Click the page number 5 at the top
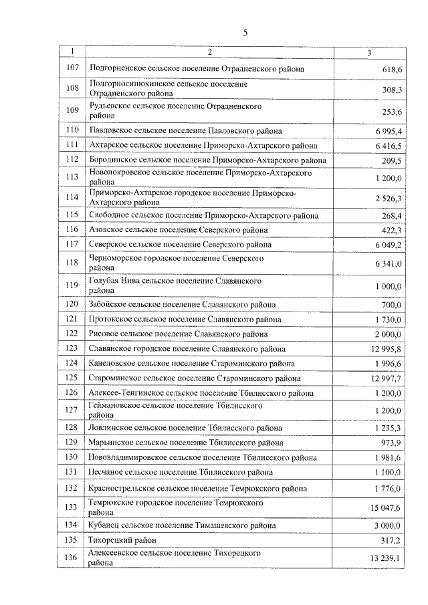click(x=245, y=31)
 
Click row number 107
click(x=73, y=68)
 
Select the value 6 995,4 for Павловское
click(x=385, y=131)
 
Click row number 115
click(x=73, y=215)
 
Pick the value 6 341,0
click(x=385, y=264)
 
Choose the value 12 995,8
click(x=384, y=349)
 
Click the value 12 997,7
click(x=384, y=378)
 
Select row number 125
click(x=73, y=378)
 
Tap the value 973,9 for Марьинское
click(x=391, y=443)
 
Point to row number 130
click(x=73, y=457)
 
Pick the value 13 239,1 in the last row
click(x=384, y=559)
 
